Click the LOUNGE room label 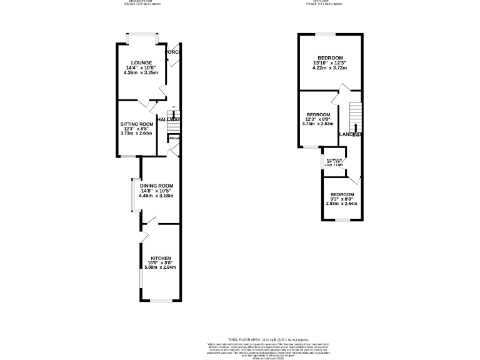(141, 61)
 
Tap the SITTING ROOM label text (136, 124)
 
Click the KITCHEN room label (161, 257)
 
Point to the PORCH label (173, 52)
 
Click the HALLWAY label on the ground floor (169, 119)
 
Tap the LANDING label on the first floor (350, 134)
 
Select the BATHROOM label (332, 160)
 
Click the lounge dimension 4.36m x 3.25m (141, 72)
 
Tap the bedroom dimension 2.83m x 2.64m (342, 202)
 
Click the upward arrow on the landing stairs (356, 127)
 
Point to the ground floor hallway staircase (173, 126)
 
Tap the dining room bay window (132, 194)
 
